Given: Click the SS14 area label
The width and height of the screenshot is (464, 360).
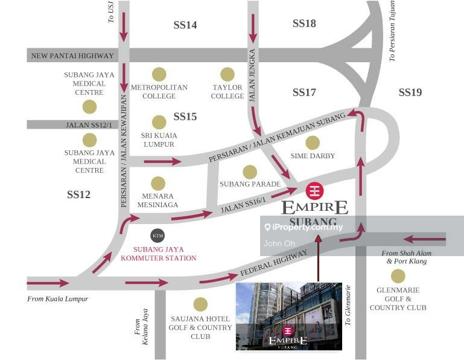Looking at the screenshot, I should coord(185,25).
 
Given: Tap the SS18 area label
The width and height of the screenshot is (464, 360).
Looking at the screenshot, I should coord(304,24).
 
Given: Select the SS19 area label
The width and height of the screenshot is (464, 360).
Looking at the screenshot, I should coord(410,92).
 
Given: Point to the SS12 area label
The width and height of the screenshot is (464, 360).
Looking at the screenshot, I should coord(78,194).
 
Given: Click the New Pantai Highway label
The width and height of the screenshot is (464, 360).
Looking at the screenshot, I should coord(72,56).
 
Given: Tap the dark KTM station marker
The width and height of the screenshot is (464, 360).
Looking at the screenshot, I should coord(157,236).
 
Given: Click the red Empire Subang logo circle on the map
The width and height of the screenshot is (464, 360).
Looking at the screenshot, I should coord(314,191).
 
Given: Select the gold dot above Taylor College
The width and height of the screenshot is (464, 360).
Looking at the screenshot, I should coord(227,74).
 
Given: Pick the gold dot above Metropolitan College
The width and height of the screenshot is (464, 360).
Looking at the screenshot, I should coord(159,74).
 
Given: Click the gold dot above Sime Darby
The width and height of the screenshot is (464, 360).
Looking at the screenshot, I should coord(313,143).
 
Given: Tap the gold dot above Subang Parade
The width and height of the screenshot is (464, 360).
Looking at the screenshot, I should coord(250,172).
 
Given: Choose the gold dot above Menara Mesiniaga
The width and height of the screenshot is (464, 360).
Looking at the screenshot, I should coord(158,184).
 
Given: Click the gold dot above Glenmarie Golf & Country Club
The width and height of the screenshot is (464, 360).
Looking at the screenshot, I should coord(398,276).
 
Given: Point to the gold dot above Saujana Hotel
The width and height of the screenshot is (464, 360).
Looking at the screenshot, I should coord(200,304).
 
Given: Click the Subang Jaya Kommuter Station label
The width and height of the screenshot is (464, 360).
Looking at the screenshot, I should coord(159,254).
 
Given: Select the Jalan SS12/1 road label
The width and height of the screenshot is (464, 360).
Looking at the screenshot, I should coord(89,124).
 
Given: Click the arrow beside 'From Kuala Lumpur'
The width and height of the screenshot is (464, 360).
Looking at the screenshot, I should coord(48,283).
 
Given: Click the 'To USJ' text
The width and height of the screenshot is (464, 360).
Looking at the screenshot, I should coord(111,11).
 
